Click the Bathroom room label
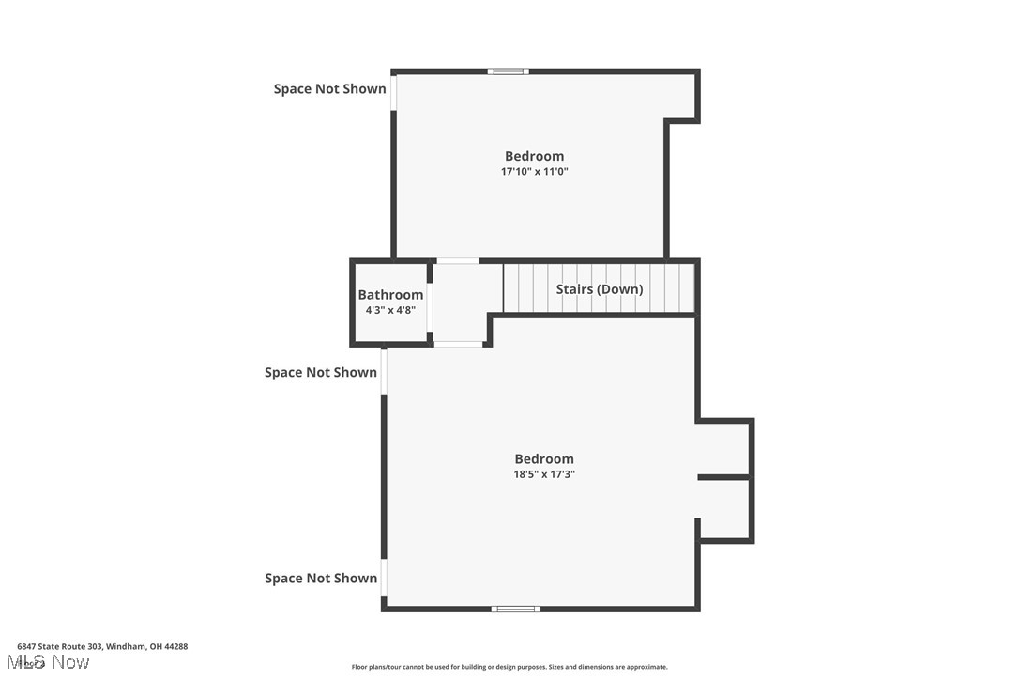click(x=390, y=295)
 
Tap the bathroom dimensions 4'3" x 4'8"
click(x=390, y=310)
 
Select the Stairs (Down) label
click(x=600, y=289)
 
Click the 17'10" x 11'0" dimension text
click(x=535, y=172)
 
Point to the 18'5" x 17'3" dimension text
click(x=544, y=474)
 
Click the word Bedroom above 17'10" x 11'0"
click(x=535, y=156)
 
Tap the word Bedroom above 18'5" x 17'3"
click(x=544, y=458)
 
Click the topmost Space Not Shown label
click(x=329, y=89)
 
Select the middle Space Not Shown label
click(x=321, y=372)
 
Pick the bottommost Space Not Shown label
click(x=321, y=579)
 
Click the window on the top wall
click(x=508, y=71)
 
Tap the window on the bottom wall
click(x=515, y=610)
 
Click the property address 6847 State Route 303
click(x=102, y=646)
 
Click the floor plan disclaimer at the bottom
click(x=509, y=667)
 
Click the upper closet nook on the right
click(x=724, y=448)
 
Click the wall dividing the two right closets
click(x=724, y=478)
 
